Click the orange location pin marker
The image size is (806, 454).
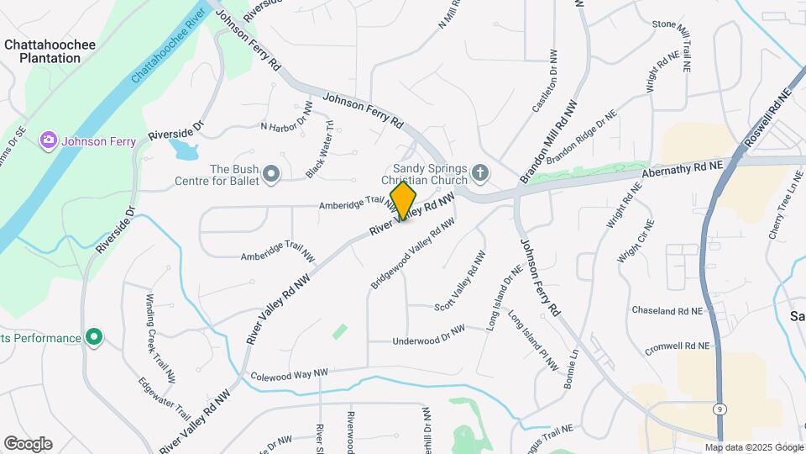click(403, 201)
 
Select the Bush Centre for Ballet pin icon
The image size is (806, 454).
click(270, 174)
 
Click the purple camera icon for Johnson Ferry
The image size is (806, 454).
click(49, 140)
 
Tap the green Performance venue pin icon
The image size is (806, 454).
click(95, 338)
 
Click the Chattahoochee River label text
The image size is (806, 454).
click(169, 45)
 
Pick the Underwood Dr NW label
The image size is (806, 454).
click(428, 336)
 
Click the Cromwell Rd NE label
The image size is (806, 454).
click(677, 346)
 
